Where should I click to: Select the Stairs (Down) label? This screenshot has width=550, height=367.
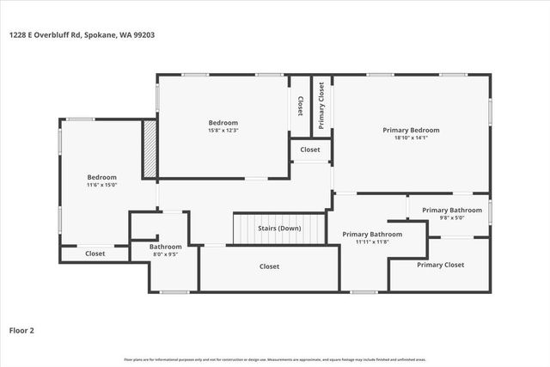(279, 229)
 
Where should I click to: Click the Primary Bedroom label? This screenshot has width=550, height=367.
(410, 130)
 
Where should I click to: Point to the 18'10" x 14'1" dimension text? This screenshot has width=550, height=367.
(410, 138)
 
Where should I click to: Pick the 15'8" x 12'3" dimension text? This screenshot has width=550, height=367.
(223, 131)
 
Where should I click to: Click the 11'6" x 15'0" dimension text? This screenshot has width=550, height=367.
(101, 185)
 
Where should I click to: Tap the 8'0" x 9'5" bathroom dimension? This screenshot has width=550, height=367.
(165, 254)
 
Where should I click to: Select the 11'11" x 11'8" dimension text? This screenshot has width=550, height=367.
(372, 242)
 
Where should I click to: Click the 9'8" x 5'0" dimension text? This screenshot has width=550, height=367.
(452, 218)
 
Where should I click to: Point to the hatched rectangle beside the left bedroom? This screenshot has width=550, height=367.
(150, 150)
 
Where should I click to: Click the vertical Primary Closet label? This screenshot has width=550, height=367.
(321, 106)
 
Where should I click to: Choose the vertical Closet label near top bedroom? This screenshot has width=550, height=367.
(300, 106)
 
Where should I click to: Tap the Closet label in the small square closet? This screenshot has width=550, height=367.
(309, 150)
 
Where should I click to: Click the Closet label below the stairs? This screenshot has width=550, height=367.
(269, 266)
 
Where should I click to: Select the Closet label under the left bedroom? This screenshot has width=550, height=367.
(95, 254)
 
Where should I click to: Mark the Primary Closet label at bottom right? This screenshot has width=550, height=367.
(440, 265)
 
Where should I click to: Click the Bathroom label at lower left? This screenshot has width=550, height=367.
(165, 247)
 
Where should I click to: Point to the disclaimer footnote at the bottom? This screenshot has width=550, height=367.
(275, 359)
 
